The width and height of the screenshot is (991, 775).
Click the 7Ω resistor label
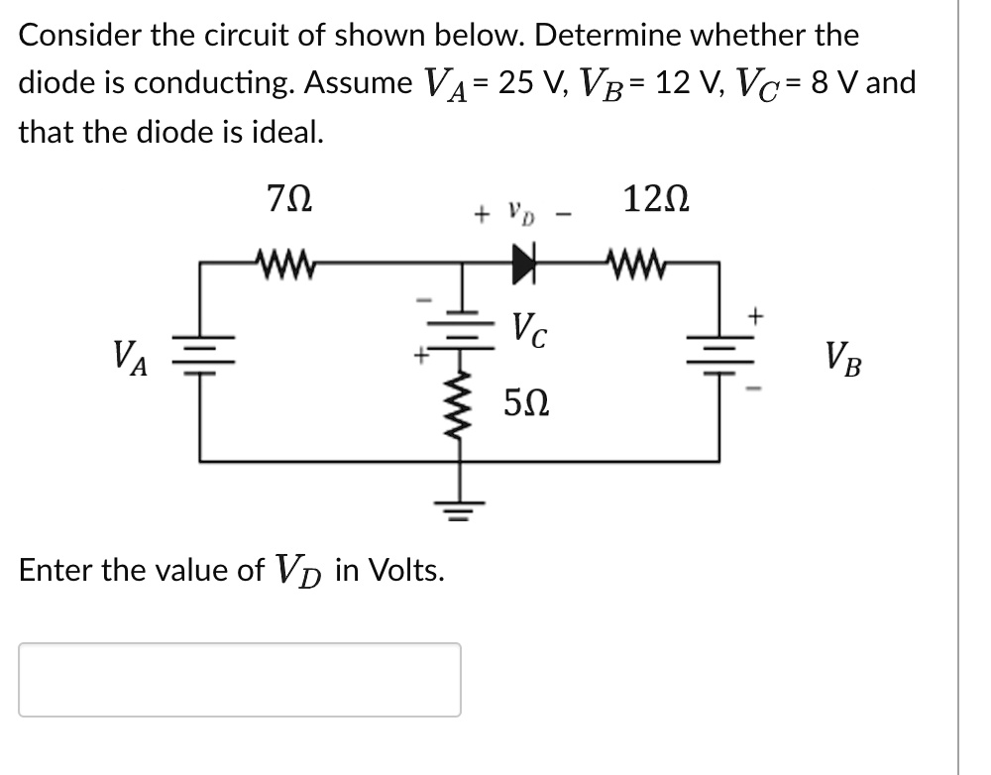[289, 201]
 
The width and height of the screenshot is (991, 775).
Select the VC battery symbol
[460, 319]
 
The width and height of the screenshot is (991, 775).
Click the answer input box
[240, 680]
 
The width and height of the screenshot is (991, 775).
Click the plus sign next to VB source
[756, 316]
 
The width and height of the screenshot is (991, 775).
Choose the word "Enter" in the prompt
[55, 570]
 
